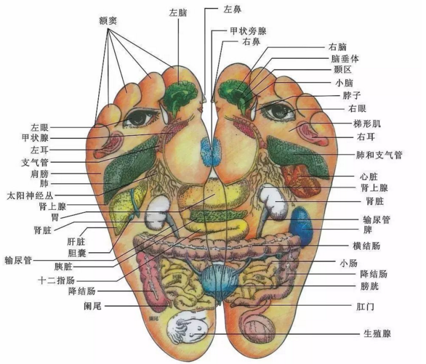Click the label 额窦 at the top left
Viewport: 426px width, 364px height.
(108, 20)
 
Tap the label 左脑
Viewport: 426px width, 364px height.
(178, 12)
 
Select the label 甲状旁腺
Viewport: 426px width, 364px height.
(249, 31)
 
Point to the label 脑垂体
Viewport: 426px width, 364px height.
(345, 59)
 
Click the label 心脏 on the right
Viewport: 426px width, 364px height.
(369, 177)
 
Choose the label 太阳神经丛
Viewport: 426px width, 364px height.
(30, 195)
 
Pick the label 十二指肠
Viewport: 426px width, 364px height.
(56, 280)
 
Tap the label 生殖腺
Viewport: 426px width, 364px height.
(377, 333)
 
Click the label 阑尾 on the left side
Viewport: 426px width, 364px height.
(92, 306)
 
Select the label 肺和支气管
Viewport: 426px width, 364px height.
(379, 155)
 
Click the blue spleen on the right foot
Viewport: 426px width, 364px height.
(302, 226)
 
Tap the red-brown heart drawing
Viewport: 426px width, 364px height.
(301, 180)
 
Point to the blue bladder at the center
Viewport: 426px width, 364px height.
(220, 283)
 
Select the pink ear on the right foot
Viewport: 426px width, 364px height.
(313, 134)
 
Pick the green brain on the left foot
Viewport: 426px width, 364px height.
(181, 97)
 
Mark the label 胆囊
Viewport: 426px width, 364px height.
(77, 253)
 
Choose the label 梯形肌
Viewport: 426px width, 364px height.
(367, 124)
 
